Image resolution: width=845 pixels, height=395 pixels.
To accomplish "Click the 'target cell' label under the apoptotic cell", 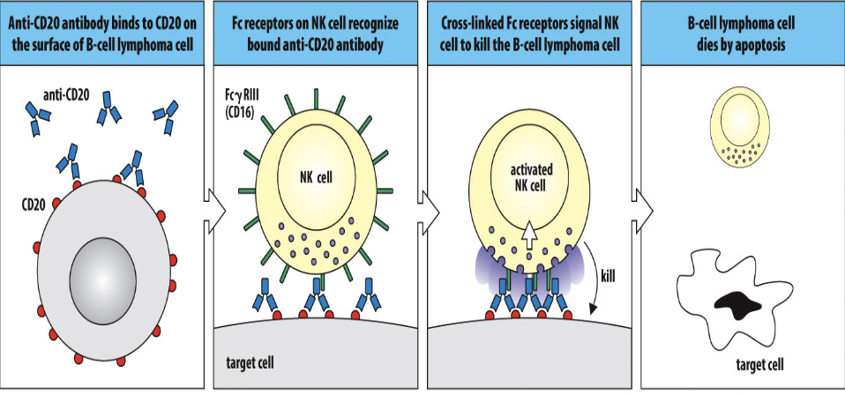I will tap(759, 364).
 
